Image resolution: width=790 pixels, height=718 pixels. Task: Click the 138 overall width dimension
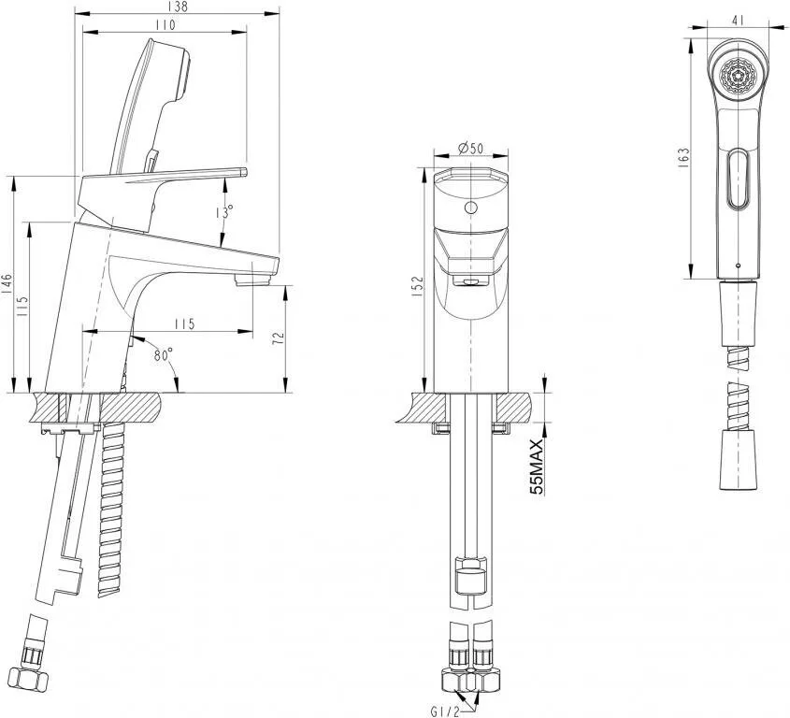pos(177,7)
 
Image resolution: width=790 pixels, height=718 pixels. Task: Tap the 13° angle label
pos(223,212)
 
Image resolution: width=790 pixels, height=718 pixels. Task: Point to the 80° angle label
pos(163,355)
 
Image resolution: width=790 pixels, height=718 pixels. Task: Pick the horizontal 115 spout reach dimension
pos(183,323)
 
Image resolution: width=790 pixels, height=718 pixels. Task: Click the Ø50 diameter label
pos(470,149)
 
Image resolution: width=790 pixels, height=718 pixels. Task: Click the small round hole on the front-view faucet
pos(471,208)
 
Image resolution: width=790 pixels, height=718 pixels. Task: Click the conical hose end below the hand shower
pos(738,461)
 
